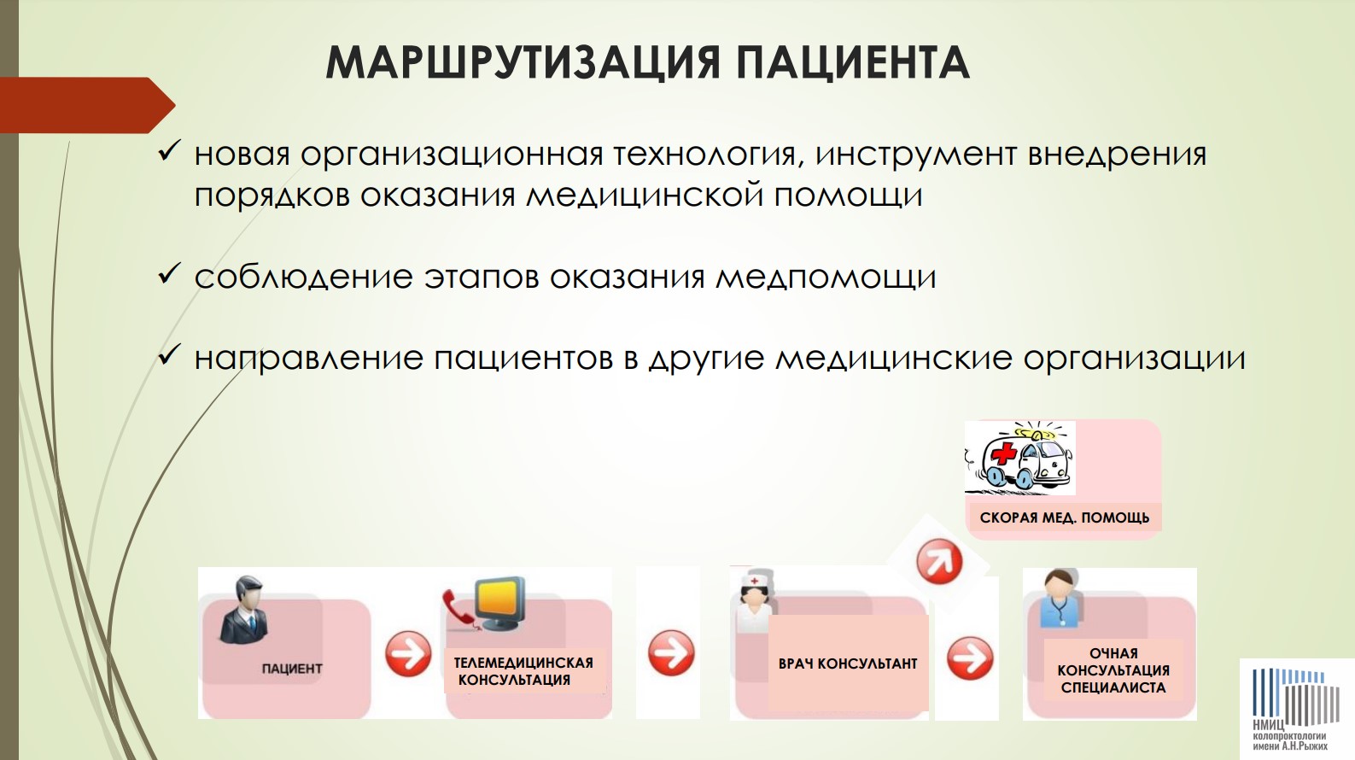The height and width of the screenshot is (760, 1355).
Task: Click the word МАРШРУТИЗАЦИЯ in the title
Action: (523, 63)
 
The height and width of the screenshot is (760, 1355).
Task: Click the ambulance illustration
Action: (1020, 458)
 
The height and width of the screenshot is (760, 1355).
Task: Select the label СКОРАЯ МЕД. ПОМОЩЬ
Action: (1064, 518)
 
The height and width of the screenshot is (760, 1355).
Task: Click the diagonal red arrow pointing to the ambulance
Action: (939, 562)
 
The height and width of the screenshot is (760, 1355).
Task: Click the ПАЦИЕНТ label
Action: (291, 669)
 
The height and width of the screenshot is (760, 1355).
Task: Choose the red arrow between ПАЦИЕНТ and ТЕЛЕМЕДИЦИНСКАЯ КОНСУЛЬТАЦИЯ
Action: (409, 653)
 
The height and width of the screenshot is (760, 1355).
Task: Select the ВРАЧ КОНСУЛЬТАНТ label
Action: (848, 664)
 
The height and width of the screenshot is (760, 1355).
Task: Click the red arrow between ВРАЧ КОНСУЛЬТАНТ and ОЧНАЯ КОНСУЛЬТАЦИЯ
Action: (970, 658)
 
